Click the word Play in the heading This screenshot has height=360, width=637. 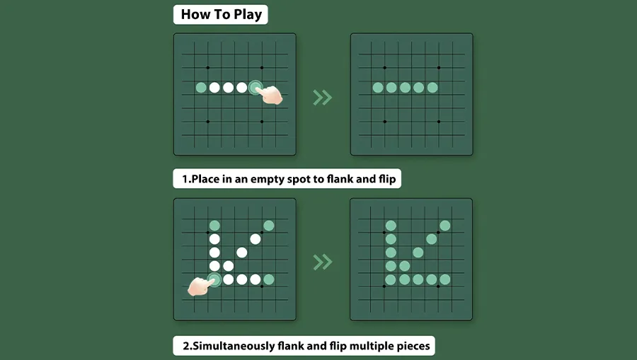coord(248,15)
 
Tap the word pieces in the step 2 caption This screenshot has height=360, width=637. coord(413,346)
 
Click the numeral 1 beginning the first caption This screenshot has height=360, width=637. coord(185,179)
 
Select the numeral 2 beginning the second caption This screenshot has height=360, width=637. coord(186,346)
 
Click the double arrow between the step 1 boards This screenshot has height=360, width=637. coord(323,98)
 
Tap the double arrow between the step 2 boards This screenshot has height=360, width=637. coord(323,262)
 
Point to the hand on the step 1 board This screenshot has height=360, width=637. coord(270,95)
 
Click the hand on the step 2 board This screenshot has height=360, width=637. coord(200,286)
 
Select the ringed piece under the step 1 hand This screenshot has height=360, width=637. coord(255,87)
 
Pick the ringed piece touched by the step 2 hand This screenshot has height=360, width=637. coord(214,279)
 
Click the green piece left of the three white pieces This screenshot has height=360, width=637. coord(201,87)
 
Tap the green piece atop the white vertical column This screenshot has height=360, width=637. coord(214,226)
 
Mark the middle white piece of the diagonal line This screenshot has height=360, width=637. coord(242,252)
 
